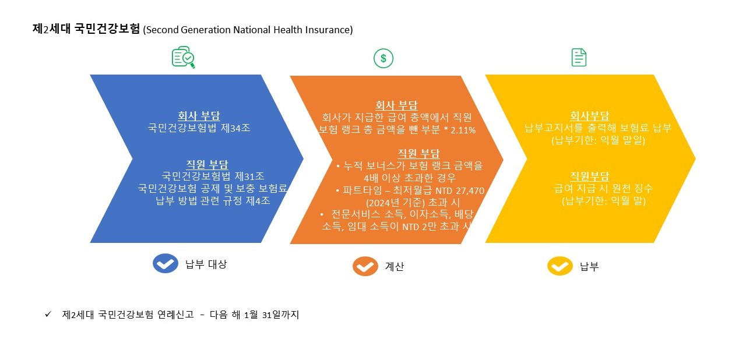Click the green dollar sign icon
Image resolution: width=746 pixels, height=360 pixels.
pos(383,58)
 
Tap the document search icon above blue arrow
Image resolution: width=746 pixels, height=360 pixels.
pos(183,58)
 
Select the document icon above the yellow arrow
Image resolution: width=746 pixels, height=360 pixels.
pos(579,57)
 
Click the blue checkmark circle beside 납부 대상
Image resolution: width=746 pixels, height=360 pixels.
pos(166,263)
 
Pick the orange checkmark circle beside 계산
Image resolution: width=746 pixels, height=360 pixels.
pos(365,266)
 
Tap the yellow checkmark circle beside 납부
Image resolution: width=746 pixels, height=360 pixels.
pos(559,266)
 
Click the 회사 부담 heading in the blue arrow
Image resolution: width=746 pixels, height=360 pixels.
pos(199,115)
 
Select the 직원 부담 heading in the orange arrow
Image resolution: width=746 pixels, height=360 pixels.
pos(418,153)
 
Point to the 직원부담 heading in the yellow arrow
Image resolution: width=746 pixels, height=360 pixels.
pos(589,176)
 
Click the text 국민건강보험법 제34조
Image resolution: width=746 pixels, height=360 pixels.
pos(199,128)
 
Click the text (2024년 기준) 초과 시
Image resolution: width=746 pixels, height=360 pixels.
pos(412,202)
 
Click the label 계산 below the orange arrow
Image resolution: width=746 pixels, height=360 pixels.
pos(395,267)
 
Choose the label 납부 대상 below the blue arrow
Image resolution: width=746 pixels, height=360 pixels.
pos(206,264)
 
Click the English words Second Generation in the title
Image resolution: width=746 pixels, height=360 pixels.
pos(187,30)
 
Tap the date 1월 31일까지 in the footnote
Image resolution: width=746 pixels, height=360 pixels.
pos(272,315)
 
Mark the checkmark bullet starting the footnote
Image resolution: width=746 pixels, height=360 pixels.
pos(48,315)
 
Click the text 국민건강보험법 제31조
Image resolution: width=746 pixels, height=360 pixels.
pos(213,176)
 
